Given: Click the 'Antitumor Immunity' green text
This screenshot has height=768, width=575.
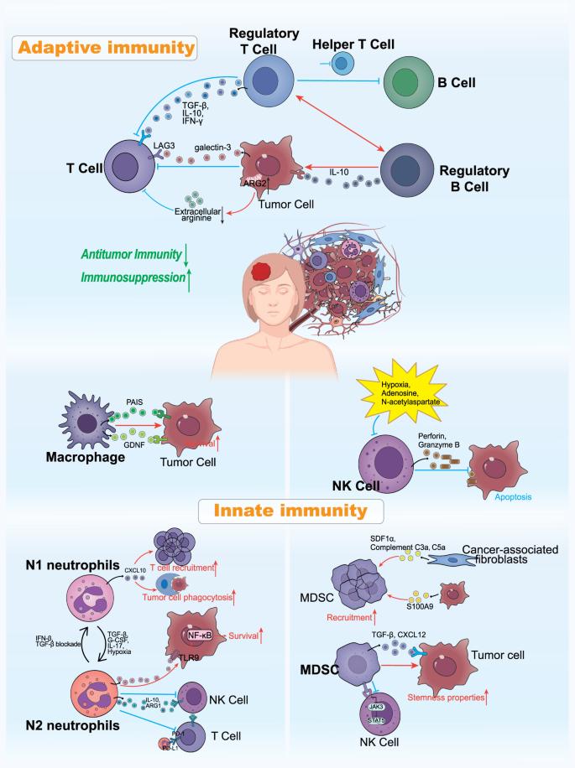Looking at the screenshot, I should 125,252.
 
